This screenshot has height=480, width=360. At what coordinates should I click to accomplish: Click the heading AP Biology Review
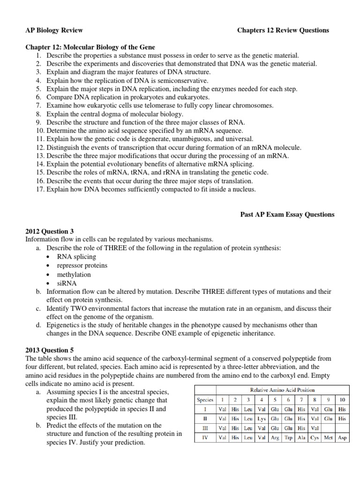(x=54, y=30)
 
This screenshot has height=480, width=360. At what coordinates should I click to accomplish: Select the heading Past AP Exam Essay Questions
(x=287, y=215)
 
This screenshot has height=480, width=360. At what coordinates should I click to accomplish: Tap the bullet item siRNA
(x=67, y=283)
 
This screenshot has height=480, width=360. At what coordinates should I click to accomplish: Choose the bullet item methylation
(x=74, y=274)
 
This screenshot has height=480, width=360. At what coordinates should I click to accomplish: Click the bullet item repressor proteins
(x=82, y=265)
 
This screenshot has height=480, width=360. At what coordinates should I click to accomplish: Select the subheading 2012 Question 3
(x=49, y=231)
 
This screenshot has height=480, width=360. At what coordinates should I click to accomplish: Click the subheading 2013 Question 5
(x=49, y=350)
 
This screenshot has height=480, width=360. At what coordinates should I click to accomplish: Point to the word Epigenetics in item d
(x=64, y=325)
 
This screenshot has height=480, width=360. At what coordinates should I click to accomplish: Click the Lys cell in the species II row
(x=262, y=420)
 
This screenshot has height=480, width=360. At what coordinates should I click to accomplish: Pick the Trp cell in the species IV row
(x=288, y=437)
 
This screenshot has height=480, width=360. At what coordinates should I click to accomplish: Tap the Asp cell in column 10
(x=342, y=437)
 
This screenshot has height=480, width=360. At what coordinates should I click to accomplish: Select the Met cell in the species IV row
(x=328, y=437)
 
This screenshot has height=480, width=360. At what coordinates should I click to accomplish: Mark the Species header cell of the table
(x=204, y=400)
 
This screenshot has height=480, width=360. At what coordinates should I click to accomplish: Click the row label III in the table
(x=204, y=428)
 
